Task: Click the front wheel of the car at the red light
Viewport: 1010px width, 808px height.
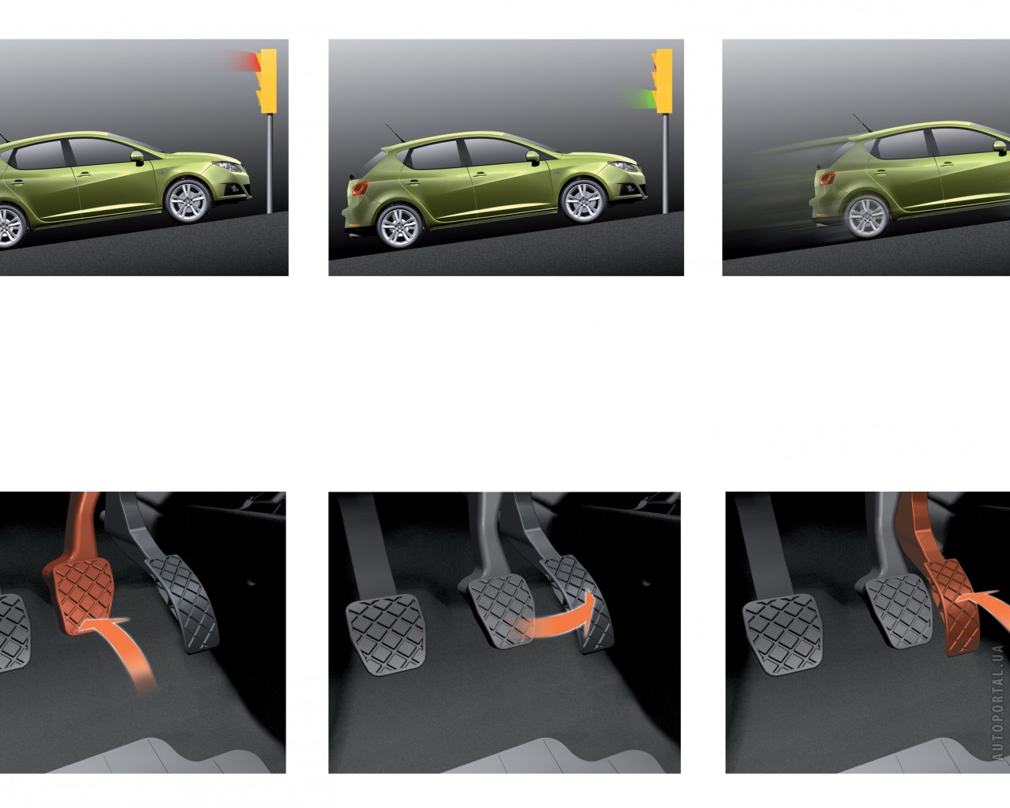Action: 188,200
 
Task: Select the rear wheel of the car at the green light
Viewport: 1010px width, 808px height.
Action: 399,226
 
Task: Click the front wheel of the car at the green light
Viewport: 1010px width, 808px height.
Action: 583,200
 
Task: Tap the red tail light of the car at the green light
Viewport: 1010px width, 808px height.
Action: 361,189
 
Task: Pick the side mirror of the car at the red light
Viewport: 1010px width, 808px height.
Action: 137,157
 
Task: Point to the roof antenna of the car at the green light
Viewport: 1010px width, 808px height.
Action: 395,133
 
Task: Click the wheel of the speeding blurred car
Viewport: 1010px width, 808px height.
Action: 867,217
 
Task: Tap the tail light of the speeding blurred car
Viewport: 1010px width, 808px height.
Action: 828,178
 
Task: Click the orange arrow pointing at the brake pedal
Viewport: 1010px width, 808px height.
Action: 118,648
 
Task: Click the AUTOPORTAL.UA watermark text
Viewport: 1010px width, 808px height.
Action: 998,702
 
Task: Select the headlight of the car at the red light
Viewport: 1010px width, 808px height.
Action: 227,166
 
